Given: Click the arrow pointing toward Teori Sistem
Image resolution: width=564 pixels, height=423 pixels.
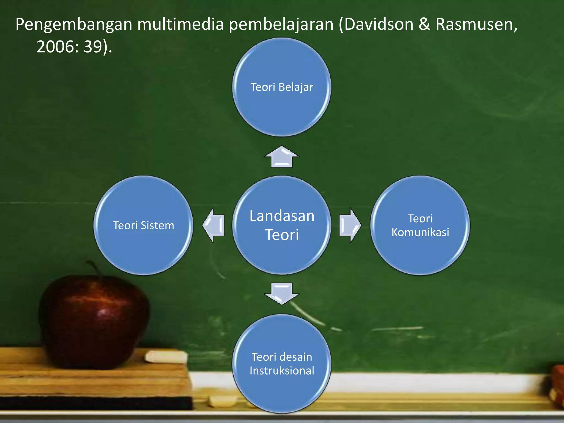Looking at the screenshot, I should pyautogui.click(x=214, y=225).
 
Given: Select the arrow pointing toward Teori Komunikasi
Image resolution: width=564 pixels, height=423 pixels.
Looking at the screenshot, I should pyautogui.click(x=349, y=225).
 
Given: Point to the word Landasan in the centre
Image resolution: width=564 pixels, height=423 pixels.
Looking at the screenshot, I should pyautogui.click(x=282, y=216).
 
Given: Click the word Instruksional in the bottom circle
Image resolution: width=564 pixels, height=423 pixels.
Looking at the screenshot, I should pyautogui.click(x=282, y=371).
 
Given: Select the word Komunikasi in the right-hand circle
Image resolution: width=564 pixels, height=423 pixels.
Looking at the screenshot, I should pyautogui.click(x=420, y=232).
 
